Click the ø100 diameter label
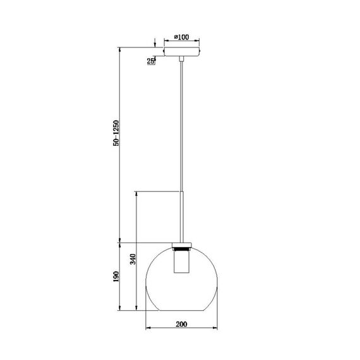(x=182, y=37)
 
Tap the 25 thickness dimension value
(x=151, y=61)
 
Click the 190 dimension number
(x=116, y=279)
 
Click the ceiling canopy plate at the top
(x=182, y=50)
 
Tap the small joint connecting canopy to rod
(x=182, y=58)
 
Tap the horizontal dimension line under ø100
(x=182, y=42)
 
